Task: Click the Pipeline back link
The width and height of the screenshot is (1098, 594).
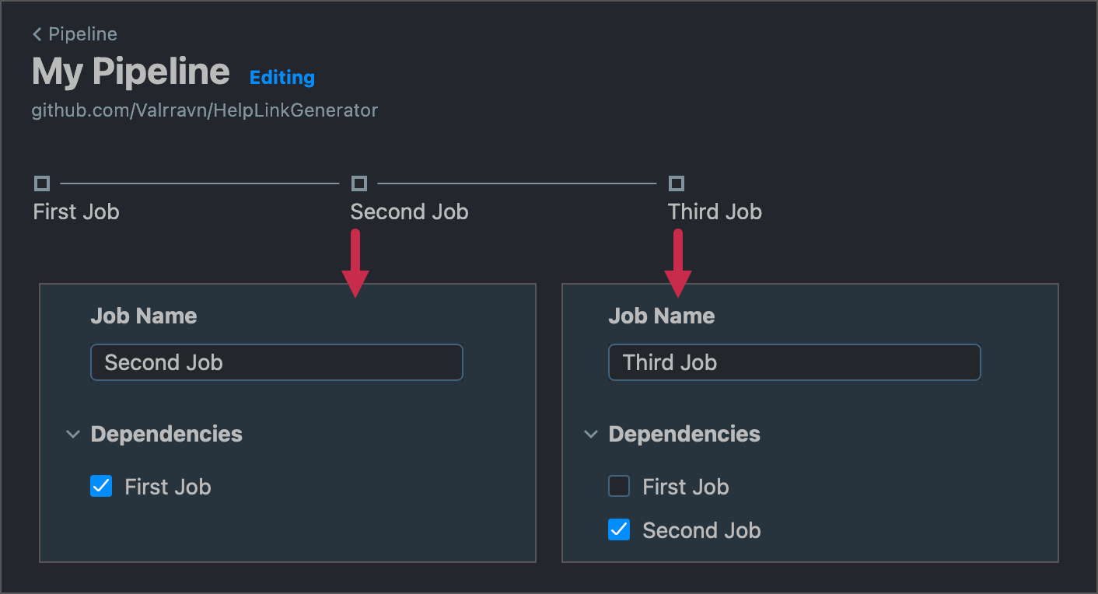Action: pos(75,34)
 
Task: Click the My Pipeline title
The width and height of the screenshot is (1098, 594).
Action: pos(131,72)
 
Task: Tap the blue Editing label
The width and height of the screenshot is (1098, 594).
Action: pos(282,78)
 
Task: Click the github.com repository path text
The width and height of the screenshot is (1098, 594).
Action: pos(205,110)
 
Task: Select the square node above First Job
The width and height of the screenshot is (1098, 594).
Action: pos(42,183)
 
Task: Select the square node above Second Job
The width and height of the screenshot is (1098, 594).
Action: pos(359,183)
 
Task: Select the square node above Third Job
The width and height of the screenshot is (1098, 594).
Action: pos(677,183)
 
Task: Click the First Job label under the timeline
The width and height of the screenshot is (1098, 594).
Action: pos(76,211)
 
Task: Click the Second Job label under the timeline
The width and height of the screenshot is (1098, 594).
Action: pos(409,211)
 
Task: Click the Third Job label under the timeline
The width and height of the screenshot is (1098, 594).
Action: pos(715,211)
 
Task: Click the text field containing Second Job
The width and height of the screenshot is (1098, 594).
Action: pos(277,362)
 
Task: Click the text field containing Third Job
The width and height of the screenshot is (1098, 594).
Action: pos(794,362)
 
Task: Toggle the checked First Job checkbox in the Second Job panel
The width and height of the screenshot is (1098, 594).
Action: pos(101,487)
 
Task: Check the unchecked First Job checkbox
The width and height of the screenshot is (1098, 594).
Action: pos(619,487)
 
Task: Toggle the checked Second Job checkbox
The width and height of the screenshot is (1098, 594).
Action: pos(619,530)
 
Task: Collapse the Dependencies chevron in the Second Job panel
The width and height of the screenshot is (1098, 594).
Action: pos(73,434)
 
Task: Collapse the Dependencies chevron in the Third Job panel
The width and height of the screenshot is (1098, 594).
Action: pos(591,434)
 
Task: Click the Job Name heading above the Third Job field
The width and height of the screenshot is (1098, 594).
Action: pos(661,316)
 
